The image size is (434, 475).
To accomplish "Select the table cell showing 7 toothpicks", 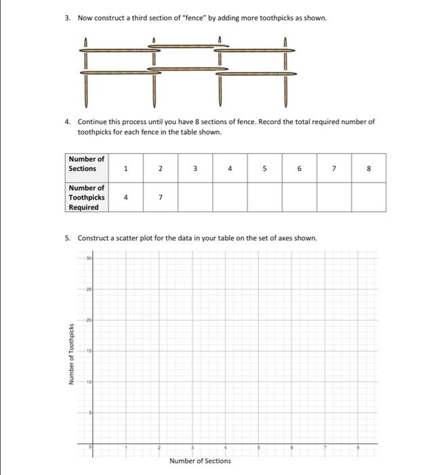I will [x=161, y=197].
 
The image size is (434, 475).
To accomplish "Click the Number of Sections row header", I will [x=86, y=164].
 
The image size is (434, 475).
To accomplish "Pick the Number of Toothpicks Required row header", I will [x=86, y=197].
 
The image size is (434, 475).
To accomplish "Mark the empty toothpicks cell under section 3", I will [x=195, y=197].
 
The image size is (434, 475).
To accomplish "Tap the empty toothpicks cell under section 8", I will [x=368, y=197].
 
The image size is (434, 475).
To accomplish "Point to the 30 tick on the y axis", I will [x=88, y=259].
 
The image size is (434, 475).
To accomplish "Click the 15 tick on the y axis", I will [x=88, y=350].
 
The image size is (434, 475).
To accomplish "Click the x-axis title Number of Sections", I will [x=200, y=461].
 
